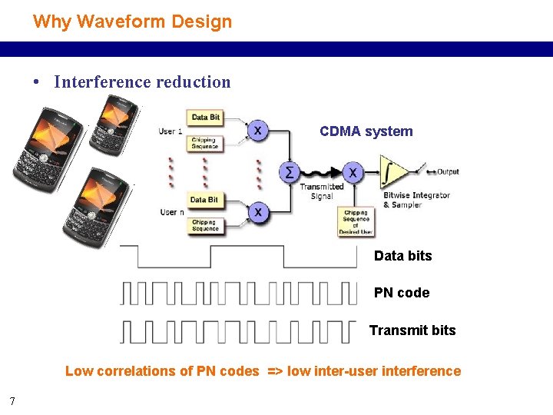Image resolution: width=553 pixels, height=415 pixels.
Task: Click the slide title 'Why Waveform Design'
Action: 132,22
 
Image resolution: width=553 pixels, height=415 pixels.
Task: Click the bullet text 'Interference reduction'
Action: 142,82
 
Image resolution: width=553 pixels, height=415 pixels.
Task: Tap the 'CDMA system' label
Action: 366,131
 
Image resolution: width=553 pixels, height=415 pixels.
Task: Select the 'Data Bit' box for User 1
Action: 205,118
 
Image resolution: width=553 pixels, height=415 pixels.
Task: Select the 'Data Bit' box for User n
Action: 204,200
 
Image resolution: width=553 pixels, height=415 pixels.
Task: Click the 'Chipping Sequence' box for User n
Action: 205,225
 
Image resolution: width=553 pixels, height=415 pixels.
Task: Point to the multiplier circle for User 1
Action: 257,131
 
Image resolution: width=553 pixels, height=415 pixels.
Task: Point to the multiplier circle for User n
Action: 259,211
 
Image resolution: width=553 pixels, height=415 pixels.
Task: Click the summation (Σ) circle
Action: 290,172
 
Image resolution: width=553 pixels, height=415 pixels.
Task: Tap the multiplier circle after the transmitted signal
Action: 352,171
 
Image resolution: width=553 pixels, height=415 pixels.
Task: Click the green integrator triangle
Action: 392,172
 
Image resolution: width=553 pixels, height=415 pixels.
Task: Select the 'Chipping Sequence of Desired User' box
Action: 356,221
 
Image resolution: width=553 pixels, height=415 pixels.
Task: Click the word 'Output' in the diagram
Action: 448,171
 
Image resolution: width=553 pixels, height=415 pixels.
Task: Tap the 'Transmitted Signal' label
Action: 321,191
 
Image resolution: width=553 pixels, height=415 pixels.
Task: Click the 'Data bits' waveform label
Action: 402,256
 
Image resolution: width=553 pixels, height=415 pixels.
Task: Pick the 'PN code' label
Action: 402,293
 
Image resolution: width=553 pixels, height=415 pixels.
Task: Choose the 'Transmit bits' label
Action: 412,330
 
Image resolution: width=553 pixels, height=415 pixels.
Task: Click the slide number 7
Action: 12,400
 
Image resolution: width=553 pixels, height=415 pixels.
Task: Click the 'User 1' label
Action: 171,131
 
